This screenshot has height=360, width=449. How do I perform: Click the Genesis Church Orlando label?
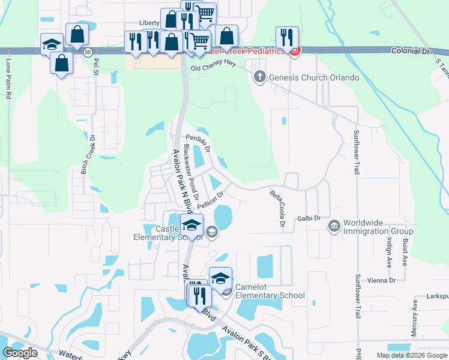(313, 77)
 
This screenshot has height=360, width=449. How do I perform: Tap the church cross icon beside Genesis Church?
(259, 77)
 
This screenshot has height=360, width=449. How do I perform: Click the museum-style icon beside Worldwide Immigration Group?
(334, 226)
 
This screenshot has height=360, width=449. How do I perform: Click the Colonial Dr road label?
(411, 52)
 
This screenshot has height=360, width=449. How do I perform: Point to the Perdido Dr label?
(197, 141)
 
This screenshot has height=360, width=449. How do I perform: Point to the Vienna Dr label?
(384, 280)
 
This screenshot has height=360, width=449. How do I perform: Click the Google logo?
(20, 353)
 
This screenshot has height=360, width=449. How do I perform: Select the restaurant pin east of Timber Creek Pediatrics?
(287, 37)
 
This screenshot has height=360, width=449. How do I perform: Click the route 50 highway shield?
(88, 52)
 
